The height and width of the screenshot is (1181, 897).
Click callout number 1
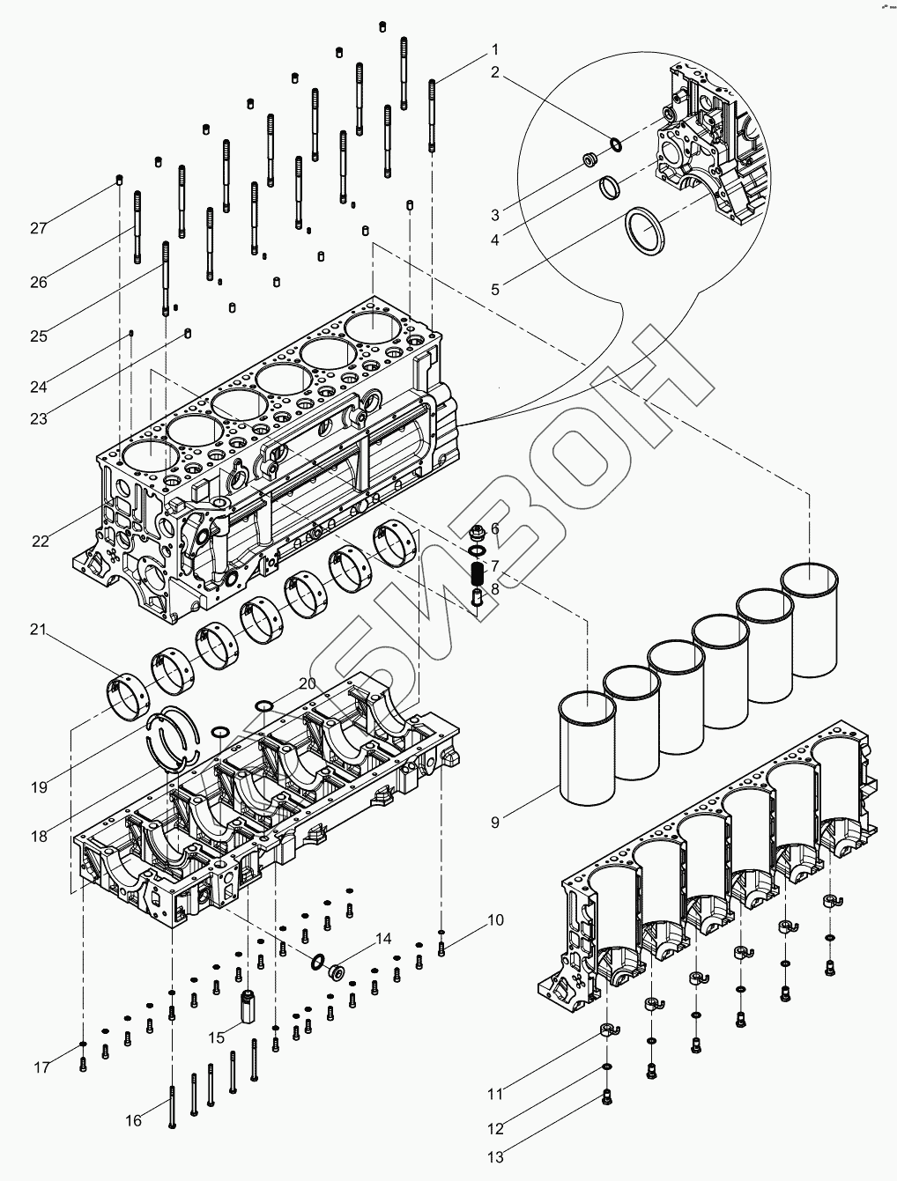(495, 49)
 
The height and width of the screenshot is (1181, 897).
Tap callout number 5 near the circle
(495, 289)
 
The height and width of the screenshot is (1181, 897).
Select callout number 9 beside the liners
(495, 823)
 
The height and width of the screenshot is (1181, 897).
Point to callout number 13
(496, 1156)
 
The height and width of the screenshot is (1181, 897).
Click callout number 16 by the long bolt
(133, 1120)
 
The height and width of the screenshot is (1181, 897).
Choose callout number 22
(41, 541)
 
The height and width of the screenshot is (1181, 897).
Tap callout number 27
(38, 228)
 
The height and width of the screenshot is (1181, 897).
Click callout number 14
(383, 939)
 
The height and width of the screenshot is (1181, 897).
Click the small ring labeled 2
(614, 144)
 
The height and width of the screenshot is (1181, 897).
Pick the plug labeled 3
(590, 161)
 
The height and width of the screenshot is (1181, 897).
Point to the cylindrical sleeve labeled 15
(248, 1004)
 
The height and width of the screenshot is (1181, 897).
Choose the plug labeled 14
(336, 973)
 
